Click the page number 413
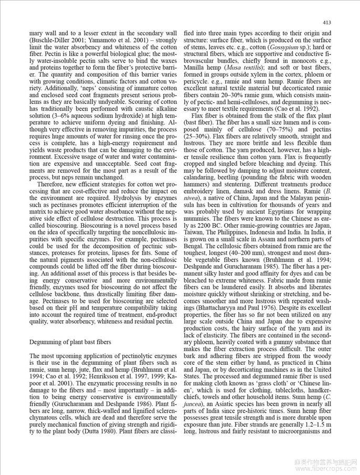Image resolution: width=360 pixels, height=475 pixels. pos(326,23)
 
